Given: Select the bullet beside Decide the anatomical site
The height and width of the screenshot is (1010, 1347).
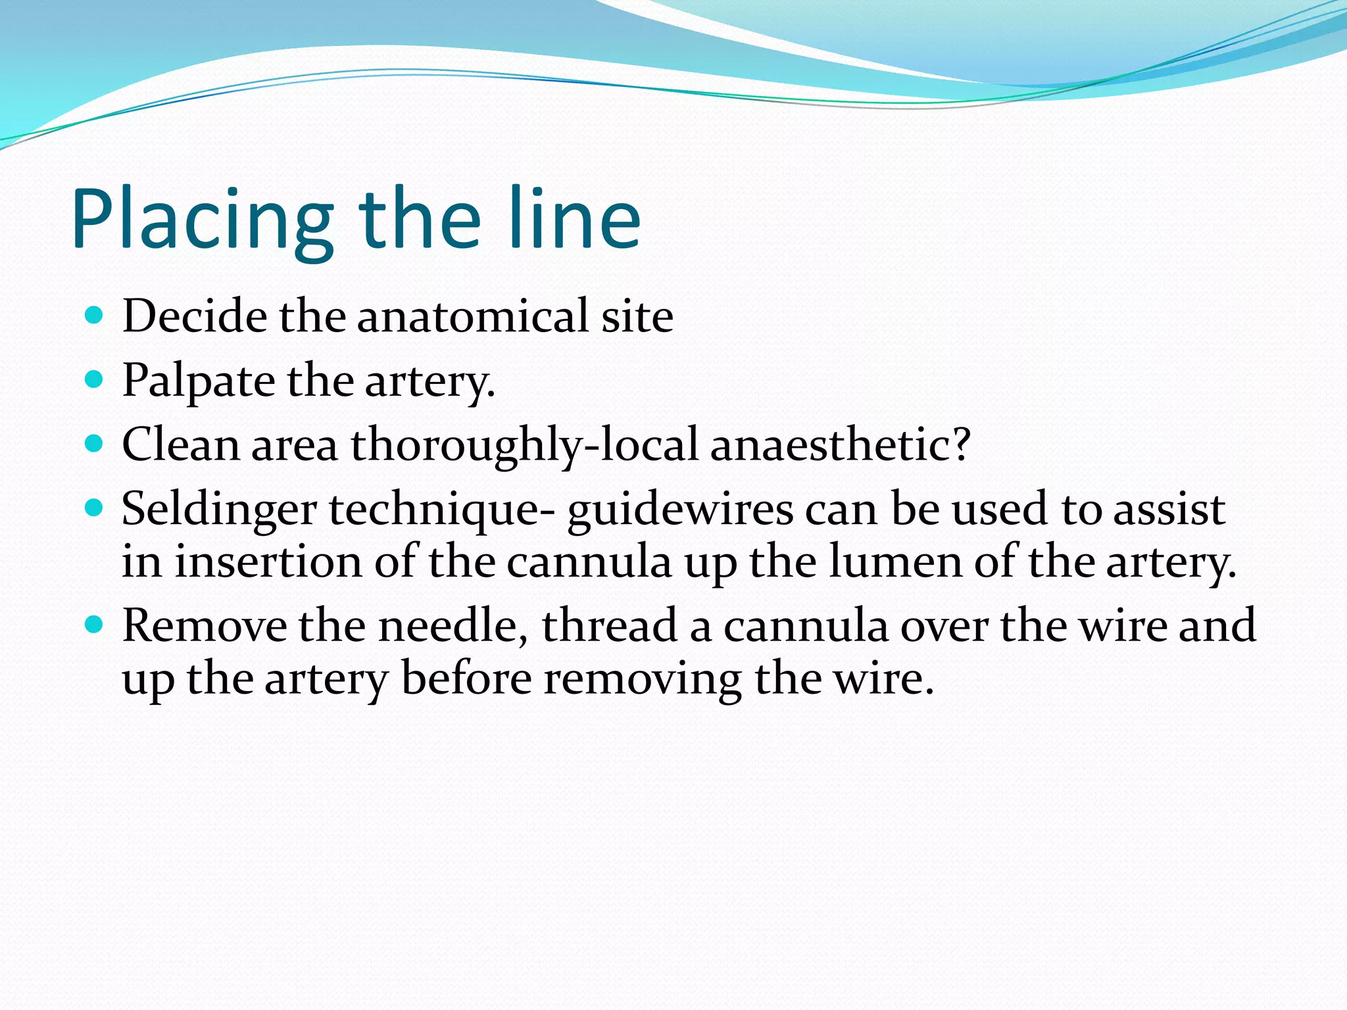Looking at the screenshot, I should pyautogui.click(x=95, y=316).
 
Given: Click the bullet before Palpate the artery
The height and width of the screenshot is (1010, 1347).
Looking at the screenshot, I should pyautogui.click(x=95, y=379).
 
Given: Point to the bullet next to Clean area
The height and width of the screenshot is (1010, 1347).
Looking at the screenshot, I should pyautogui.click(x=95, y=444).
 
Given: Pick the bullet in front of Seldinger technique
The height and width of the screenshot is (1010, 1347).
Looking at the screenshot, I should pyautogui.click(x=95, y=508).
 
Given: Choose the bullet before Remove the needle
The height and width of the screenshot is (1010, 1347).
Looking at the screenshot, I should pyautogui.click(x=95, y=624).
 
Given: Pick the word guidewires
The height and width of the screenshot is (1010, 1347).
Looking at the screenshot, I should pyautogui.click(x=680, y=510).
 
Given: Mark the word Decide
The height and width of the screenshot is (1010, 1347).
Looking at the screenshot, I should pyautogui.click(x=195, y=316).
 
